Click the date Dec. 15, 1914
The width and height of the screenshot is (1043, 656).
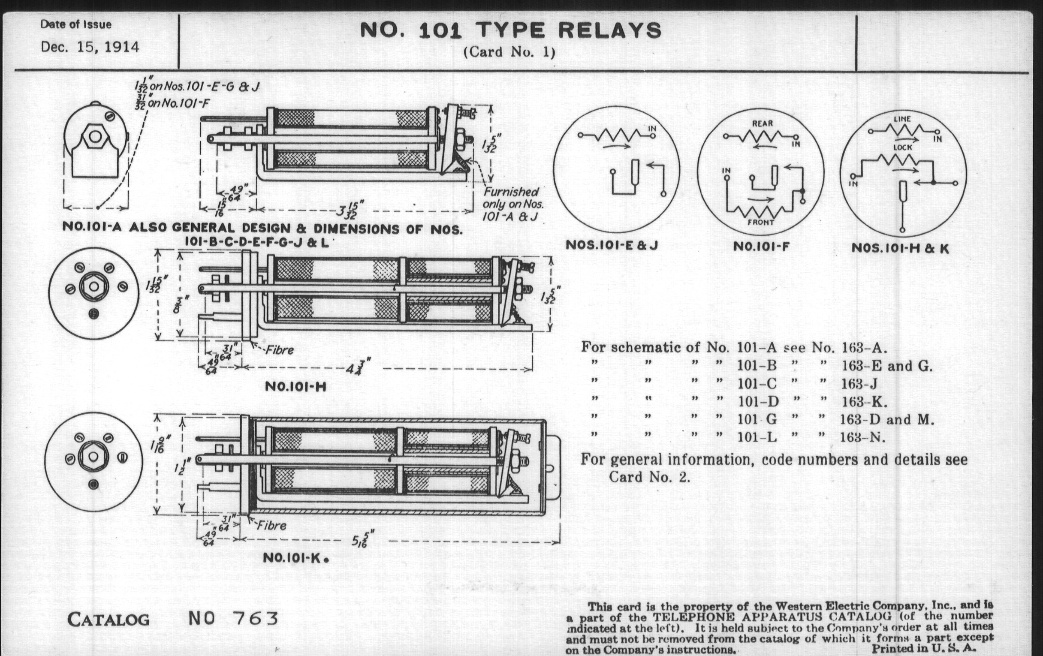tap(90, 47)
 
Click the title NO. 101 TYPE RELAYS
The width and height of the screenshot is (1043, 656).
tap(511, 30)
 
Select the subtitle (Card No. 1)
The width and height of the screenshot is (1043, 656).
tap(509, 52)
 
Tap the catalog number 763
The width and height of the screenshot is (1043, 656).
tap(255, 619)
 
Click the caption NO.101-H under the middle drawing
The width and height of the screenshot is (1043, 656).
tap(295, 386)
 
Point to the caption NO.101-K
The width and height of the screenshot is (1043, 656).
tap(295, 558)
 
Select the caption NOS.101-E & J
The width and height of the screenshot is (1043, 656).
tap(612, 246)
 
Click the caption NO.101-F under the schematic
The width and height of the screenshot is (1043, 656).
tap(761, 247)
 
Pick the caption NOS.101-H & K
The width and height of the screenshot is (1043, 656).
tap(900, 249)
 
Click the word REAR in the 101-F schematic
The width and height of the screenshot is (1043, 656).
tap(762, 123)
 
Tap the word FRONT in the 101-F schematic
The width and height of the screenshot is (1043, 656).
tap(761, 223)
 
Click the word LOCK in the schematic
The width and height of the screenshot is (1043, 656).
tap(902, 147)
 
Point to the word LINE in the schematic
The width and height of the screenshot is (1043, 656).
tap(902, 119)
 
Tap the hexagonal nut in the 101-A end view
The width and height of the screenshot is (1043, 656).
tap(95, 137)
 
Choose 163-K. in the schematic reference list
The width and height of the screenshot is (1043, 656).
tap(864, 402)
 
